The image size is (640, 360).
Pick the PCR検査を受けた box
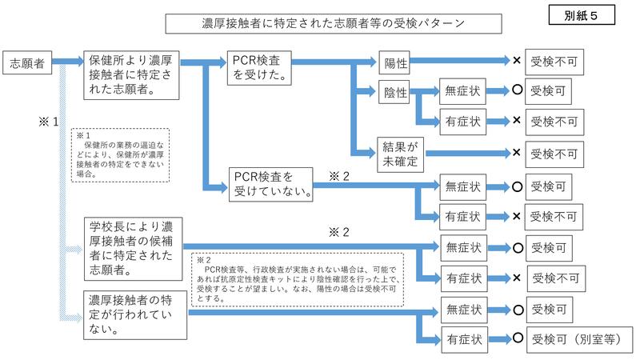pos(258,69)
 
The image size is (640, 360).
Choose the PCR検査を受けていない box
pos(270,183)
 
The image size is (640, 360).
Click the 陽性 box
pos(394,61)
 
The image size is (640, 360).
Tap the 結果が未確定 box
pos(400,153)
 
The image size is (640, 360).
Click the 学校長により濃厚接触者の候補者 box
pos(134,246)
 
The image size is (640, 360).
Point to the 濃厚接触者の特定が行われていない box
pos(138,314)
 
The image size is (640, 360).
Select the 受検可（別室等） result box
pos(576,338)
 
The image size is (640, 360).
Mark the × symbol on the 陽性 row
pos(517,61)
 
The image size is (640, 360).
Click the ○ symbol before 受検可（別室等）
pos(517,338)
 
